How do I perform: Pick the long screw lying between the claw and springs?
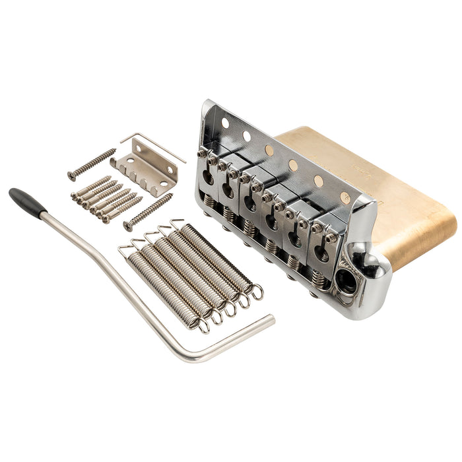click(148, 212)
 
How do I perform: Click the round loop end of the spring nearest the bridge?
click(255, 291)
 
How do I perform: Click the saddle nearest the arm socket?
click(323, 247)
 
